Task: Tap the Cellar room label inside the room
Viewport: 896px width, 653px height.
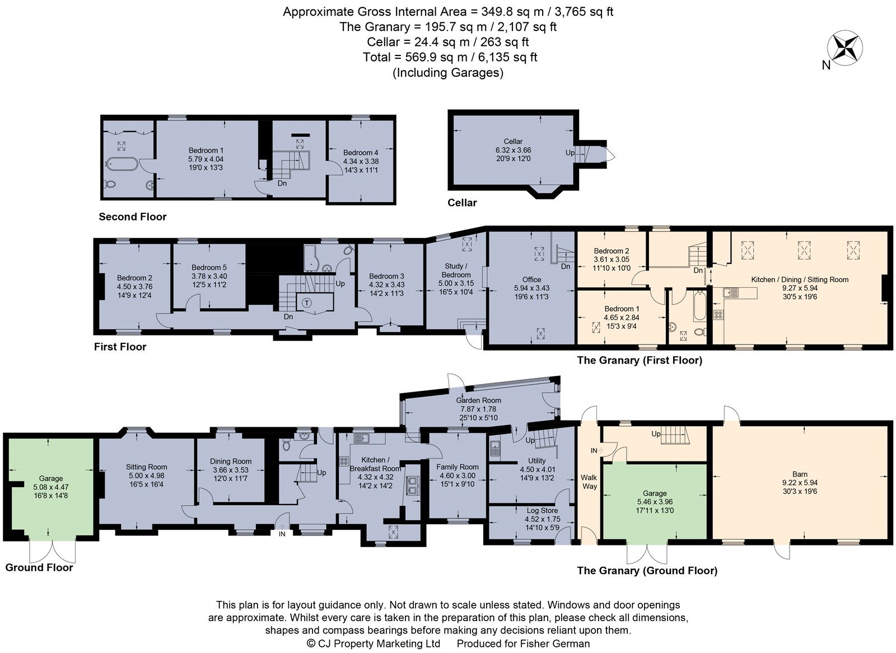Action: [513, 142]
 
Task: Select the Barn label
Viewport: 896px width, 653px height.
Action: [800, 474]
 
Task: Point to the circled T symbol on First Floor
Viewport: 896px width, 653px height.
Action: [307, 303]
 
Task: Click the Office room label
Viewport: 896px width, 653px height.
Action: [531, 279]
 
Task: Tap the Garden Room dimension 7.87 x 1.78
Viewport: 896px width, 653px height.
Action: [478, 409]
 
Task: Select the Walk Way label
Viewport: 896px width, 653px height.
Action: [589, 482]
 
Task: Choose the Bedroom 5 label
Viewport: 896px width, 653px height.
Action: [209, 268]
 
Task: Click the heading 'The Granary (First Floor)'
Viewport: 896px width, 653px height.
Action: [639, 360]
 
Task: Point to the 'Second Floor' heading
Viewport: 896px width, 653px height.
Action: [133, 217]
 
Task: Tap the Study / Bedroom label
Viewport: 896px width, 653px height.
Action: [456, 270]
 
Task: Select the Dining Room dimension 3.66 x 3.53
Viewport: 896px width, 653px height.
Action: [230, 470]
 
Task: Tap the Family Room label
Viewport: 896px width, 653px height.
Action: [457, 467]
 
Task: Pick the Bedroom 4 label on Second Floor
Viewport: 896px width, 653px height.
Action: [361, 152]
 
